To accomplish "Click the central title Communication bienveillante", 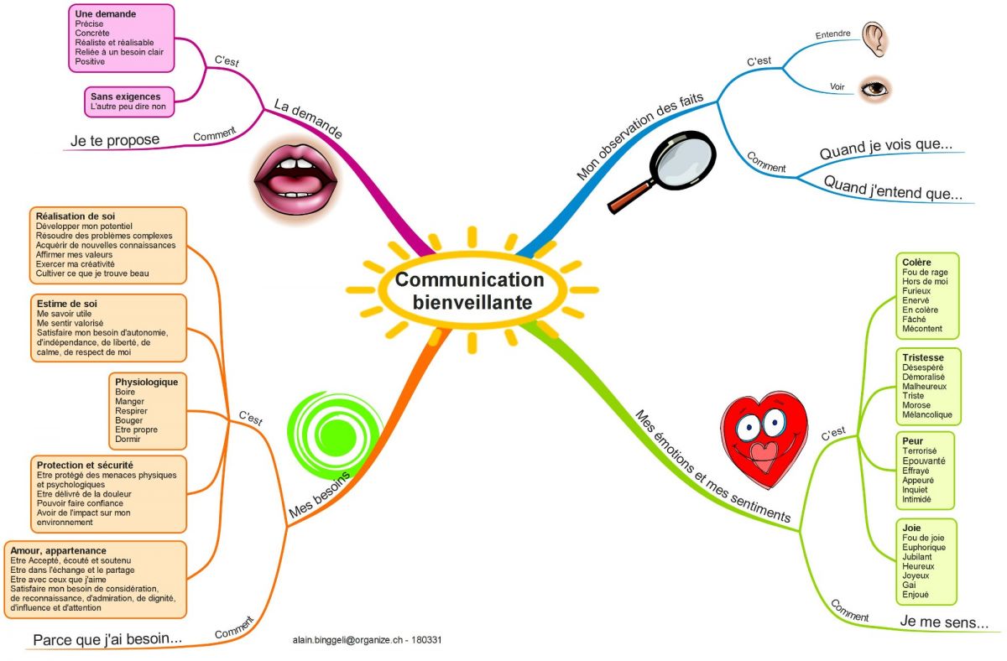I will (470, 290).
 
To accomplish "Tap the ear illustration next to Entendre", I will (875, 39).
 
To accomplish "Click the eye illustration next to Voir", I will (874, 87).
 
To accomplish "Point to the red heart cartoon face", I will (763, 440).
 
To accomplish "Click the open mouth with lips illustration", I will (297, 178).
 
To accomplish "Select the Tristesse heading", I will (922, 357).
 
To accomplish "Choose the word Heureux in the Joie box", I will (917, 566).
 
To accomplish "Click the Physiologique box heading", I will (147, 382).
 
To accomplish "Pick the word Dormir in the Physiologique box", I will (128, 439).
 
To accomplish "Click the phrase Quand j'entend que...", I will (892, 188).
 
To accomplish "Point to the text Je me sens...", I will (944, 622).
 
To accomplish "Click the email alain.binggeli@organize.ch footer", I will (368, 639).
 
